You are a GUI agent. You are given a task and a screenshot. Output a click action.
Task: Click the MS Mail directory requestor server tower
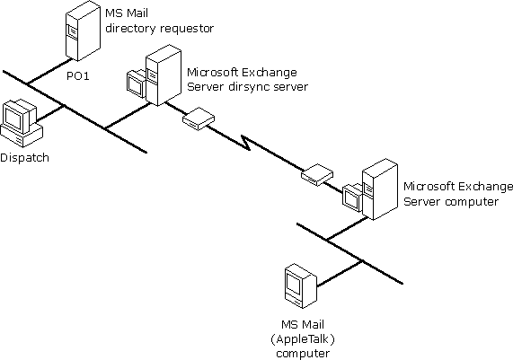pos(83,31)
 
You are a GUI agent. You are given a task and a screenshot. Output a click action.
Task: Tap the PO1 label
pos(78,76)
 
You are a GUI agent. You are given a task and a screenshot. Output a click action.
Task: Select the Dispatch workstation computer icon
pos(22,124)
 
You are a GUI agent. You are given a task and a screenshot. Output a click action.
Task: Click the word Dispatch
pos(24,158)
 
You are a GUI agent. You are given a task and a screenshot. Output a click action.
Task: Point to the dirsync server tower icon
pos(164,75)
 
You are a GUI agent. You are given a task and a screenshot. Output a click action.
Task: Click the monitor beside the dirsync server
pos(136,83)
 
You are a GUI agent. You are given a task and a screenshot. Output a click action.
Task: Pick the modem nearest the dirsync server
pos(199,119)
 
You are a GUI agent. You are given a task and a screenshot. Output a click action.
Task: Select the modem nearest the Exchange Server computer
pos(317,174)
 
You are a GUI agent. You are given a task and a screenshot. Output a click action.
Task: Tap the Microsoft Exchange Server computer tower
pos(380,189)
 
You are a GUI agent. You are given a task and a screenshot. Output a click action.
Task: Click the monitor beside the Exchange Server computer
pos(352,198)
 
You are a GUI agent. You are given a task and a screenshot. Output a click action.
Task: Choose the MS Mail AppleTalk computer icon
pos(301,286)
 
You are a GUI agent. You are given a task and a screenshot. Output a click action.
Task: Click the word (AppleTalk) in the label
pos(303,339)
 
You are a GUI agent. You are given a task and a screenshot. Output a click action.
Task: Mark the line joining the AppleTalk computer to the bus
pos(340,274)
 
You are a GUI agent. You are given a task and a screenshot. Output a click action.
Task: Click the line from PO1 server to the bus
pos(50,72)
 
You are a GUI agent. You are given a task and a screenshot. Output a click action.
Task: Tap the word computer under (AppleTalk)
pos(303,354)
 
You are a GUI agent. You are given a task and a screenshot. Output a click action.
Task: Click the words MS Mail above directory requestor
pos(127,13)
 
